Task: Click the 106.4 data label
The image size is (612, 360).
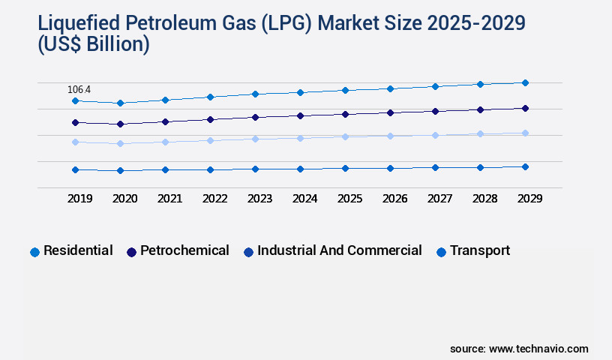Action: pos(79,90)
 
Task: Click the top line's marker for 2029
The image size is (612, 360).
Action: pos(525,82)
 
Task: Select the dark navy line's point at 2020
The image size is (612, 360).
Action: pos(120,124)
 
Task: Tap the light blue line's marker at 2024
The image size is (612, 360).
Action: pos(300,138)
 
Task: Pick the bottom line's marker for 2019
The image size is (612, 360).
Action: pos(75,169)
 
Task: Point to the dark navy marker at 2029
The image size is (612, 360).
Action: pos(525,108)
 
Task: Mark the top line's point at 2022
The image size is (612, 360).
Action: pos(210,97)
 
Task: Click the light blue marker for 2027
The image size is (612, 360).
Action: pos(435,135)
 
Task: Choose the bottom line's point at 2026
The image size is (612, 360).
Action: pos(390,168)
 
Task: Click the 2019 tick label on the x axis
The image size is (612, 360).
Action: pos(80,199)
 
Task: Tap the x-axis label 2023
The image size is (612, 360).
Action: pos(260,199)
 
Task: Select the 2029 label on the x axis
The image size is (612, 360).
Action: pos(529,199)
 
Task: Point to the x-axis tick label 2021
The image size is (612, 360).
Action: pos(170,199)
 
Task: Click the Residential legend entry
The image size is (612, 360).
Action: pos(78,250)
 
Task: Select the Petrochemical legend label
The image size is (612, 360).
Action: pos(184,250)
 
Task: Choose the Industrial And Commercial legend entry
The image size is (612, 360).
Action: pos(339,250)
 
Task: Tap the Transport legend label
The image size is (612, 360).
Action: pos(479,250)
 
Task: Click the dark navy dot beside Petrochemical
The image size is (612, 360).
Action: pos(131,252)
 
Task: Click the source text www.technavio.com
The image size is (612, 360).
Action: pos(538,349)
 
